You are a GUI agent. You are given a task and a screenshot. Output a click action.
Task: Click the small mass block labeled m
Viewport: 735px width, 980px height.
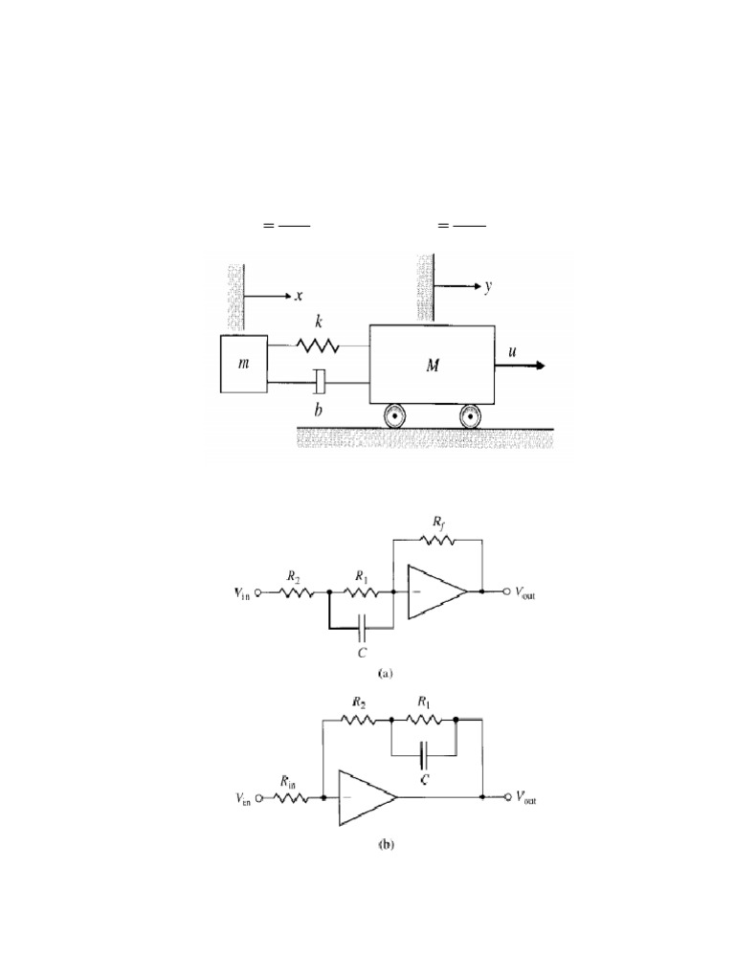[244, 364]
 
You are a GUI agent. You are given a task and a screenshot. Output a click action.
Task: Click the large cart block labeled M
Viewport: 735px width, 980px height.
[432, 365]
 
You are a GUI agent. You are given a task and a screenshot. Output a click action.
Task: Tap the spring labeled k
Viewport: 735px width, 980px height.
[318, 345]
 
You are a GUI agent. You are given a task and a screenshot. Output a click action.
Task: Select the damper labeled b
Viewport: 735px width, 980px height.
[320, 383]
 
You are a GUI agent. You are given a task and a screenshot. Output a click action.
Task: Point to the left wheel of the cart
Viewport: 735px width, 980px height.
[395, 416]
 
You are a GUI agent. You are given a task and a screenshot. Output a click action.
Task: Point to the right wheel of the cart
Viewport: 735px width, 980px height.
[472, 416]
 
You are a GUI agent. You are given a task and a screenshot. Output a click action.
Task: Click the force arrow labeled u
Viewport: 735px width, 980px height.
[520, 366]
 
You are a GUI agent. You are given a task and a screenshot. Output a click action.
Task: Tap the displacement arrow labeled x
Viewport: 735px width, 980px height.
[268, 296]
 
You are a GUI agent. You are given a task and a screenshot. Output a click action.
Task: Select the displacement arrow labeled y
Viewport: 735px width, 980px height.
[457, 286]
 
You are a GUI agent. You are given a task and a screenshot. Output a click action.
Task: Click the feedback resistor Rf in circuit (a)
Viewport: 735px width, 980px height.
[436, 540]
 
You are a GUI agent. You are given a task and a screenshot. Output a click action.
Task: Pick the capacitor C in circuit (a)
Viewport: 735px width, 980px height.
[362, 627]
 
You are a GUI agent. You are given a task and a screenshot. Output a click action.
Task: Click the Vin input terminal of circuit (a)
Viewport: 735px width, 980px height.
[256, 591]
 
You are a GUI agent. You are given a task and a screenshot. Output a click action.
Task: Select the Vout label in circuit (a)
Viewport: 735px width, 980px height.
[525, 593]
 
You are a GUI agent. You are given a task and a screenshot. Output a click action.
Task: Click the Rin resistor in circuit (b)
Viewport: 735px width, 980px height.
[289, 798]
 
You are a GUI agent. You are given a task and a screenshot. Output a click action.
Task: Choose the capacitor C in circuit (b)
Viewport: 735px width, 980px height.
[424, 755]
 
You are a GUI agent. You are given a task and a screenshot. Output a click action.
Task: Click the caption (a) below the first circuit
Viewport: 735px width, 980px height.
[387, 674]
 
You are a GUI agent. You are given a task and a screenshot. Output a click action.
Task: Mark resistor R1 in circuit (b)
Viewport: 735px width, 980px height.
[424, 720]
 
